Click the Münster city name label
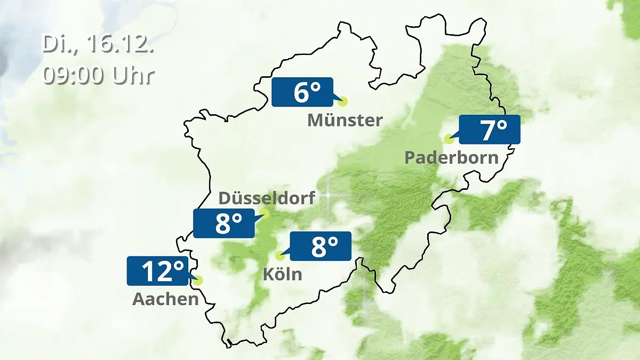click(345, 121)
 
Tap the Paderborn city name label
click(451, 157)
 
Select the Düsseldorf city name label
click(267, 198)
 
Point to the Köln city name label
click(282, 274)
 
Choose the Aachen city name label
click(165, 299)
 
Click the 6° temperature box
click(302, 92)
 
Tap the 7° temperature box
click(489, 130)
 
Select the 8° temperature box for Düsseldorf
click(224, 223)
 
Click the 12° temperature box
click(157, 271)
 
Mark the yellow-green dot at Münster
click(342, 101)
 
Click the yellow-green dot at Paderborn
click(449, 139)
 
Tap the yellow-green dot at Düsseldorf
click(264, 214)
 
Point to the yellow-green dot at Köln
click(279, 255)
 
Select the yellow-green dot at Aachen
click(199, 280)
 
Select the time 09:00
click(74, 75)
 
